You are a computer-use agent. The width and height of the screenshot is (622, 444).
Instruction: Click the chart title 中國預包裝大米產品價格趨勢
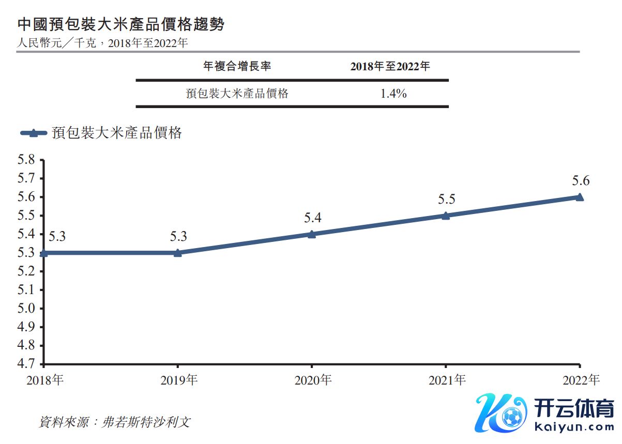tap(121, 24)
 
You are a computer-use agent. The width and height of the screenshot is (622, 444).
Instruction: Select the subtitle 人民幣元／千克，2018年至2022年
tap(102, 43)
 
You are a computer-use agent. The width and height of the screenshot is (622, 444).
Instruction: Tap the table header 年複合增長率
tap(237, 66)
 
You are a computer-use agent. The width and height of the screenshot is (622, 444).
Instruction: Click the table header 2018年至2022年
tap(390, 66)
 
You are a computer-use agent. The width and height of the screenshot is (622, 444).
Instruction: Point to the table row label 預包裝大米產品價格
tap(237, 94)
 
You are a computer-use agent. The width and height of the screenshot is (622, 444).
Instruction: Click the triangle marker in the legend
tap(34, 133)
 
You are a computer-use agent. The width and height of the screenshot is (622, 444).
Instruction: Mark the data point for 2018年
tap(44, 253)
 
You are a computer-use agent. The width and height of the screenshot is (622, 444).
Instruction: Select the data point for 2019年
tap(178, 253)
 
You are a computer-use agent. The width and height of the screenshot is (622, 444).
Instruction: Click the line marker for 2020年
tap(312, 234)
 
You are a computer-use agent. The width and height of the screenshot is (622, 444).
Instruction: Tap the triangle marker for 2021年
tap(446, 216)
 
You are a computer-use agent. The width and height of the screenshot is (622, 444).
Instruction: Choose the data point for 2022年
tap(580, 197)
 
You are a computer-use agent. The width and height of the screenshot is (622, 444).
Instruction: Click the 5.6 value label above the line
tap(580, 181)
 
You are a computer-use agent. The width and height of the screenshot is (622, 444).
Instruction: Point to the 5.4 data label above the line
tap(312, 218)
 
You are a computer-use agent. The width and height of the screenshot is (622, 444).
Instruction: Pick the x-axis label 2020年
tap(313, 380)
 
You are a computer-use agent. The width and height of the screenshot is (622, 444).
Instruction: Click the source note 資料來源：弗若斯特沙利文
tap(115, 422)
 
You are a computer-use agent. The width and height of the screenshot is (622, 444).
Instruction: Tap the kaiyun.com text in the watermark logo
tap(572, 427)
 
